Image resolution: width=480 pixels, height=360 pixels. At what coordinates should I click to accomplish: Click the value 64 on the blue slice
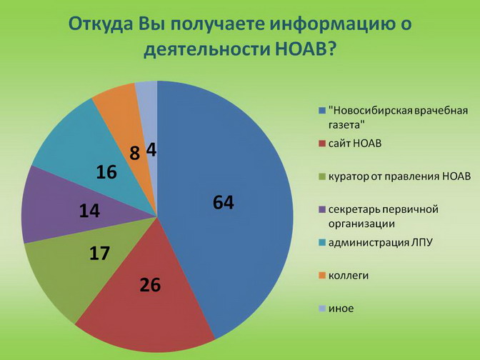tap(224, 202)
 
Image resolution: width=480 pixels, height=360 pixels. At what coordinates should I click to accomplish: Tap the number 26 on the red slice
tap(150, 284)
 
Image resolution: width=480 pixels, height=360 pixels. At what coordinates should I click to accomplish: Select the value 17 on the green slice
tap(99, 254)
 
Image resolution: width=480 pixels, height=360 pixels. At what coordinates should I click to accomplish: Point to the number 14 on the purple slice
tap(89, 211)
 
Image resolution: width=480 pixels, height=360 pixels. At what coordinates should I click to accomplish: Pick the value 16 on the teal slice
tap(106, 171)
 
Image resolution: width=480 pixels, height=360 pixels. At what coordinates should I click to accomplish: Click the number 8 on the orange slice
tap(134, 153)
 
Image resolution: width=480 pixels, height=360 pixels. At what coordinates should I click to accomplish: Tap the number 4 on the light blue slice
tap(151, 150)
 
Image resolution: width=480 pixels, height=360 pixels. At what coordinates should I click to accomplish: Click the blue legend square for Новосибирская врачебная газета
tap(321, 110)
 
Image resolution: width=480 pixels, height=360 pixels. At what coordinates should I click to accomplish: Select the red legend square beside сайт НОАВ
tap(321, 144)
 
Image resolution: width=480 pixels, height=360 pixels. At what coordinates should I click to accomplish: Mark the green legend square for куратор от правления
tap(321, 176)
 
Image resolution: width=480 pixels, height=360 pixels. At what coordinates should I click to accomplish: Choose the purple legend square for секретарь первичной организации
tap(321, 210)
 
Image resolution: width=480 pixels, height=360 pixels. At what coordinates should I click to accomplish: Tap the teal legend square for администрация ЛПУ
tap(321, 243)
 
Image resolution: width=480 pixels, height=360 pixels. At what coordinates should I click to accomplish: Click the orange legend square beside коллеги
tap(321, 276)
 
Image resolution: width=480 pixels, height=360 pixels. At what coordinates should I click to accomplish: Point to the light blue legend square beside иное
tap(321, 309)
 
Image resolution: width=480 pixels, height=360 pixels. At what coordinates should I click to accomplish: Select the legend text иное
tap(341, 309)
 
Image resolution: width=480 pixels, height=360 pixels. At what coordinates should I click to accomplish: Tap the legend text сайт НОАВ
tap(355, 144)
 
